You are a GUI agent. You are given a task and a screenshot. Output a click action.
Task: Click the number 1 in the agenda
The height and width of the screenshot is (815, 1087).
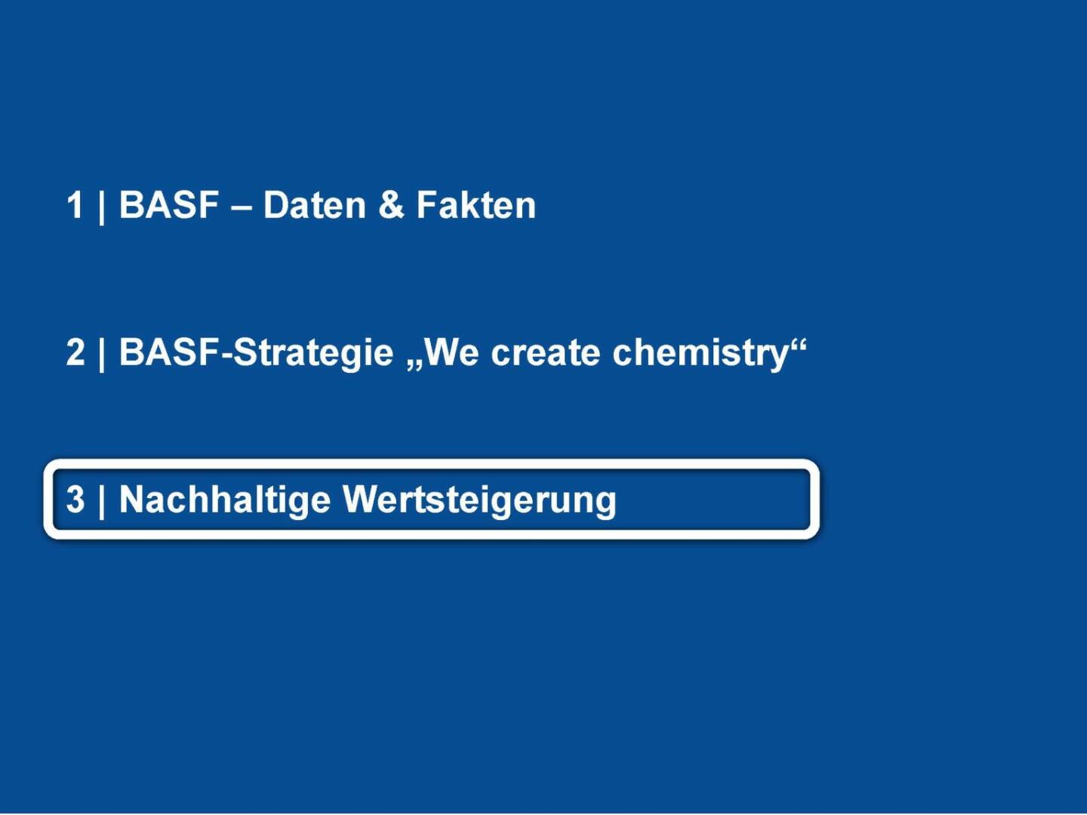point(75,205)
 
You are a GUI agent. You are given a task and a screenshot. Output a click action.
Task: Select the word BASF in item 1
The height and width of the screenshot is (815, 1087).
point(169,205)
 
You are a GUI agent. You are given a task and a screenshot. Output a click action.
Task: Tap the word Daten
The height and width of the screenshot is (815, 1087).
point(315,205)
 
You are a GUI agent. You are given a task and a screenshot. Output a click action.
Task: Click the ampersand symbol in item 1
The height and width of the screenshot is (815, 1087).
point(391,205)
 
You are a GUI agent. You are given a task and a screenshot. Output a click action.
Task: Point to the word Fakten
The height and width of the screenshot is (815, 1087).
point(476,205)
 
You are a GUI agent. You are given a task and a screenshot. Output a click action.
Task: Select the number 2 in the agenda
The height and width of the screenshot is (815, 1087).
point(75,352)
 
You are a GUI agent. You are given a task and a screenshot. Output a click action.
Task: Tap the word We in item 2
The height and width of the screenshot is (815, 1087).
point(451,352)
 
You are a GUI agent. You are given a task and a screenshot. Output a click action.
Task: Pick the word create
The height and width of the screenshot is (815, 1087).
point(545,353)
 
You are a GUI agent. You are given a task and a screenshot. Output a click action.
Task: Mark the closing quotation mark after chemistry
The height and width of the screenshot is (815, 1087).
point(798,346)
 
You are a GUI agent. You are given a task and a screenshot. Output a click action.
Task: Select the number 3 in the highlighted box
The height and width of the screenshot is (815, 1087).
point(75,499)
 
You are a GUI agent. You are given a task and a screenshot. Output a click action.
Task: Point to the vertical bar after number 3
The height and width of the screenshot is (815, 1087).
point(101,502)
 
